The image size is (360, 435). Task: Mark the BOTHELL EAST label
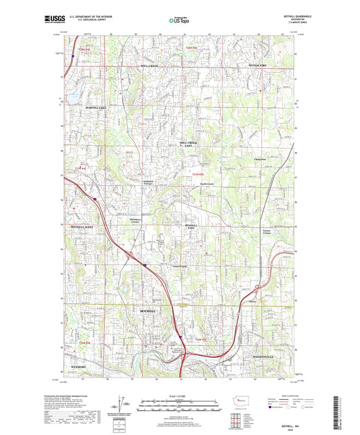coord(191,226)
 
